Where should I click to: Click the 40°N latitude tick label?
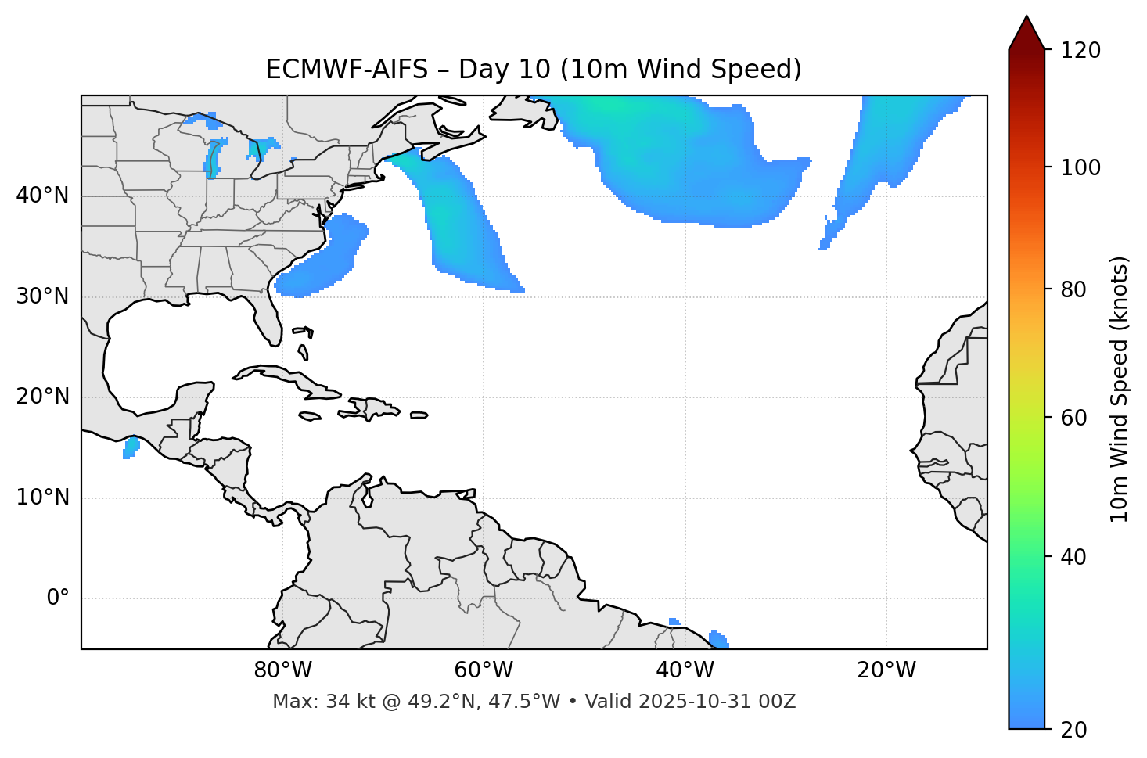click(42, 196)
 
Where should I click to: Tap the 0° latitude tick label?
click(58, 598)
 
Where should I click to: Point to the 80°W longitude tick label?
click(282, 670)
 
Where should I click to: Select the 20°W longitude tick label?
click(886, 670)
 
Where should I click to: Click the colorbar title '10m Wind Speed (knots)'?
click(1119, 389)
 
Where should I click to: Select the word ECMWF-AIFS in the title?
click(347, 70)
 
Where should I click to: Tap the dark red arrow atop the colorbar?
click(1027, 33)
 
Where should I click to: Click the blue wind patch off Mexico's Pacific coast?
click(131, 448)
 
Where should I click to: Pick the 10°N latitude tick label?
click(42, 498)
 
